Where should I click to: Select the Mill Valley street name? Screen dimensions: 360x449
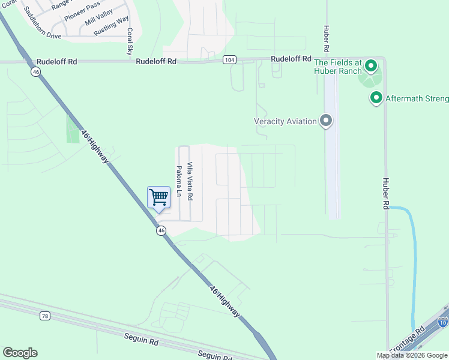click(x=98, y=22)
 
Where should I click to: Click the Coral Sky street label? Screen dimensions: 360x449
click(x=129, y=41)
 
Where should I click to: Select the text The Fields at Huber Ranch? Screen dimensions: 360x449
click(x=337, y=66)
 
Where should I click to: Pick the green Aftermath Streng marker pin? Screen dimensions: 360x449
click(x=376, y=97)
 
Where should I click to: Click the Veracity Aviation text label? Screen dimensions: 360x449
click(x=285, y=121)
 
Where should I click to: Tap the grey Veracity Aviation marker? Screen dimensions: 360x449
click(x=326, y=121)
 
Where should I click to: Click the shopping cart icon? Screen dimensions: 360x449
click(x=158, y=197)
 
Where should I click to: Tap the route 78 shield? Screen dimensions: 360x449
click(x=46, y=316)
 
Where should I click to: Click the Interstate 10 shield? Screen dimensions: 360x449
click(x=443, y=322)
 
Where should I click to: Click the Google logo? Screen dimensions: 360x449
click(x=20, y=353)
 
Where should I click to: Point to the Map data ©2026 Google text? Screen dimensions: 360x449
click(x=412, y=355)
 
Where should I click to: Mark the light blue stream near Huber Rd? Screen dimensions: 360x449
click(x=412, y=252)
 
